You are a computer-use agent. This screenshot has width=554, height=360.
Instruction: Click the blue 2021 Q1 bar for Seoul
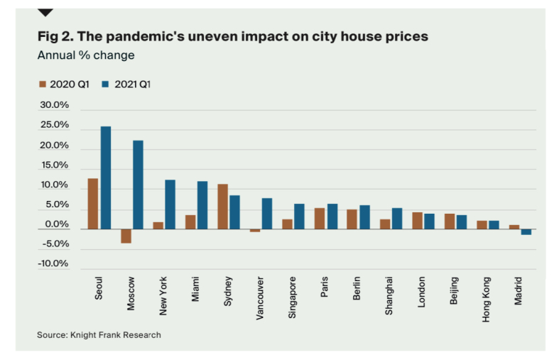105,178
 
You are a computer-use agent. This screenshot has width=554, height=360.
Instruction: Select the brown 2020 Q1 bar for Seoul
93,204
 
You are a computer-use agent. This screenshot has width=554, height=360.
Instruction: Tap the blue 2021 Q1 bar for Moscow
138,185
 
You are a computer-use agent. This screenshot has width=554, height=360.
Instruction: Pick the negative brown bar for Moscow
126,236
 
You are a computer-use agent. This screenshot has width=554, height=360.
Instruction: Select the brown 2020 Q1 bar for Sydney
222,207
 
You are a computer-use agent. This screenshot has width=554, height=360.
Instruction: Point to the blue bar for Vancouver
267,214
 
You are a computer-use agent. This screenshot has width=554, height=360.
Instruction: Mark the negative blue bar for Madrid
526,232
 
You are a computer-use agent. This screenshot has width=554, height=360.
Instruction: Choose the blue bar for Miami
202,205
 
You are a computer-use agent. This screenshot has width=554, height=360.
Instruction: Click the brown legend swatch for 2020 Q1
42,84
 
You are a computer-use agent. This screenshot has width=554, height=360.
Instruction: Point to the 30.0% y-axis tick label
53,105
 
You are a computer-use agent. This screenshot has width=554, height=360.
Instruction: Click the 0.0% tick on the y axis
55,224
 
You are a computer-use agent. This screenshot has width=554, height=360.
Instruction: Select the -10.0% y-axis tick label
53,264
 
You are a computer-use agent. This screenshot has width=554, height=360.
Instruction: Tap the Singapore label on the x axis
293,299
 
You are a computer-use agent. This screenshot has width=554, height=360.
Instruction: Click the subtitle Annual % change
85,55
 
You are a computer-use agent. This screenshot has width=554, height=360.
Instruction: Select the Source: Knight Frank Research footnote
99,334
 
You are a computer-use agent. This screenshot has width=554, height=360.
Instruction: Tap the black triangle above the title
45,12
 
